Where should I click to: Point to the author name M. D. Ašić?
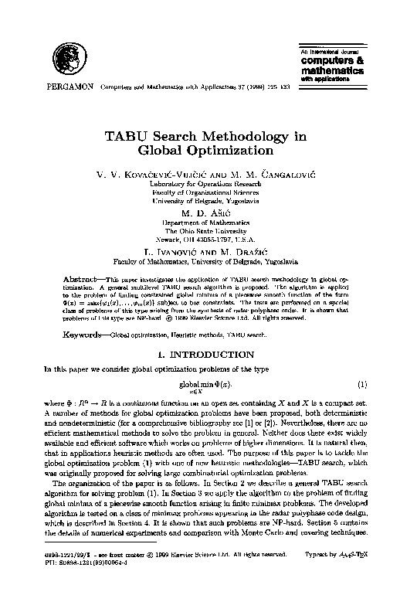tap(210, 212)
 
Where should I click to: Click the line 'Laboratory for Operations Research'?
tap(210, 185)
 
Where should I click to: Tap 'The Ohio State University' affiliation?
tap(210, 230)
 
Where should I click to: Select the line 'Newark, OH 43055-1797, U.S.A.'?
tap(210, 239)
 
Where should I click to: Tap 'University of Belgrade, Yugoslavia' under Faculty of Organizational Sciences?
tap(210, 201)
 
